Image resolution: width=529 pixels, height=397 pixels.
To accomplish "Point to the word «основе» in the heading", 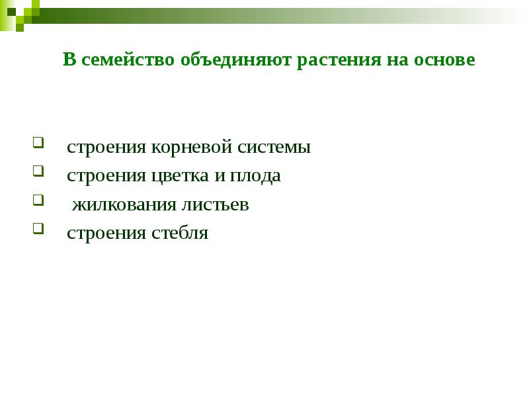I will point(444,60).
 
